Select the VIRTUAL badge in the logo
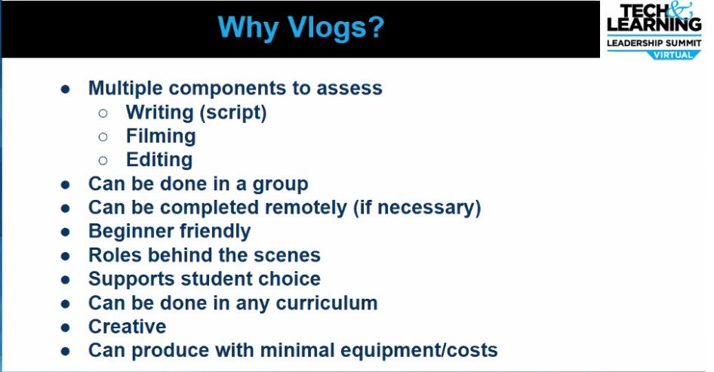(678, 54)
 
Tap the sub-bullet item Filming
(161, 136)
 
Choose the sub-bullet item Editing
(158, 160)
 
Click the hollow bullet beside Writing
(103, 113)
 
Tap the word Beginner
(129, 231)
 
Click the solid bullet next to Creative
(66, 327)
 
